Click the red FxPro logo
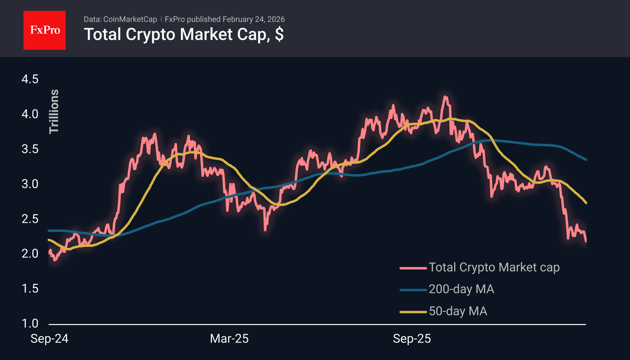point(45,30)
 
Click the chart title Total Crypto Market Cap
point(184,34)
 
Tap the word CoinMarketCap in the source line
point(130,19)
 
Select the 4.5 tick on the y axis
point(30,79)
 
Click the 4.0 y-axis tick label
point(30,114)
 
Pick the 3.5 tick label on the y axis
point(30,149)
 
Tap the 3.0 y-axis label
point(30,184)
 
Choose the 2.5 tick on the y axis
point(30,219)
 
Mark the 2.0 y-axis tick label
point(30,253)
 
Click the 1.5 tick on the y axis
point(30,288)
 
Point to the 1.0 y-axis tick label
point(30,323)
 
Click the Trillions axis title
point(54,111)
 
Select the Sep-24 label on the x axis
point(49,339)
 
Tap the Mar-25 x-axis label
point(229,339)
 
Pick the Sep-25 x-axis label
point(412,339)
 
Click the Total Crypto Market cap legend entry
point(494,267)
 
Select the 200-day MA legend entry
point(461,289)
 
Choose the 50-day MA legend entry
point(458,311)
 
